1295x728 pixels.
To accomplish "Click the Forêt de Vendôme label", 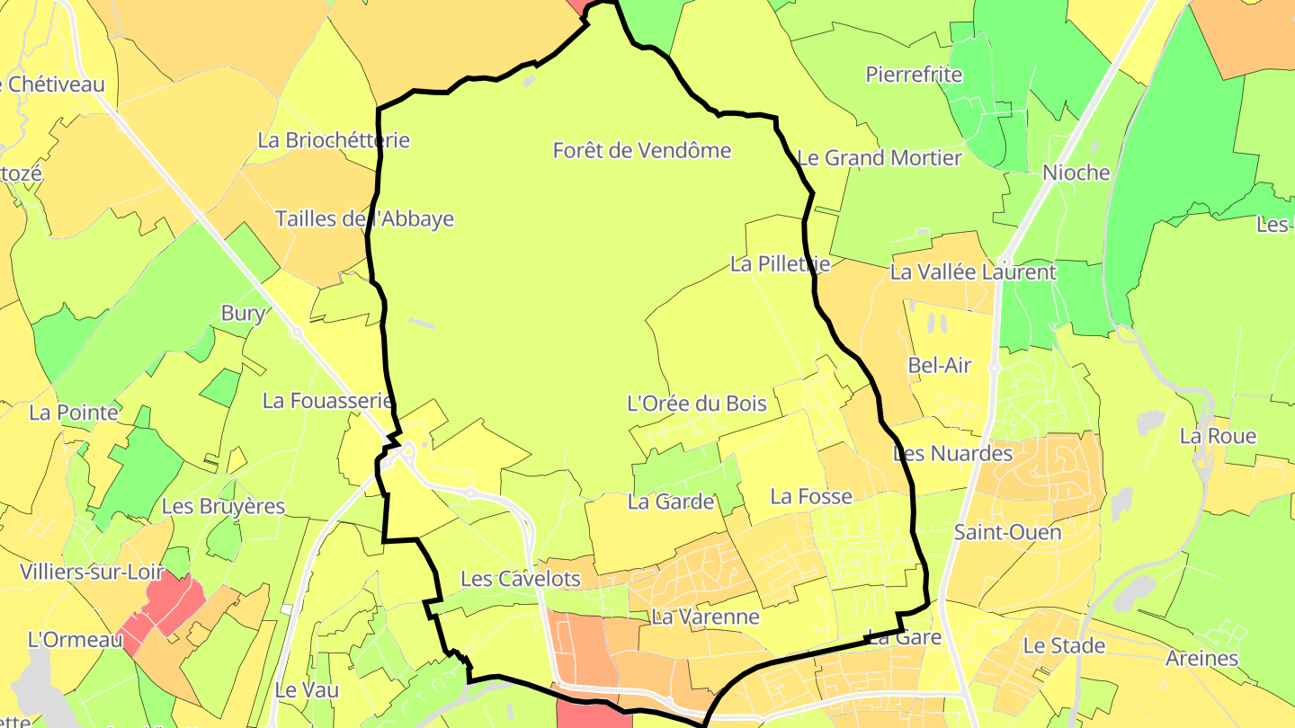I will tap(642, 150).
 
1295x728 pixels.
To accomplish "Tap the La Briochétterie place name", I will tap(334, 140).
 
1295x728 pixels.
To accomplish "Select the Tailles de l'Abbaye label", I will tap(364, 218).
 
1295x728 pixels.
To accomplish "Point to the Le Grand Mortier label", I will tap(880, 158).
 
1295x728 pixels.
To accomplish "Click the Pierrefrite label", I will tap(914, 74).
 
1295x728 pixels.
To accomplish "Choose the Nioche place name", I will tap(1076, 173).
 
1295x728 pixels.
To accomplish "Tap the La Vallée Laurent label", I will tap(972, 271).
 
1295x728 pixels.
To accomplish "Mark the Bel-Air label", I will tap(940, 365).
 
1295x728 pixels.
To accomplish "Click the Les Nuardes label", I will tap(952, 453).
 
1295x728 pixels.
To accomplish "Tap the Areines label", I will tap(1201, 658).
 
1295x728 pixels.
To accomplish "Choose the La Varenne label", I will tap(705, 617).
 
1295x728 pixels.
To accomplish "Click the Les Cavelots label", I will tap(521, 578).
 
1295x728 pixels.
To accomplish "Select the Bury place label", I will tap(243, 313).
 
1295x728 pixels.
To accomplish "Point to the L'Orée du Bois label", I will tap(696, 404).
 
